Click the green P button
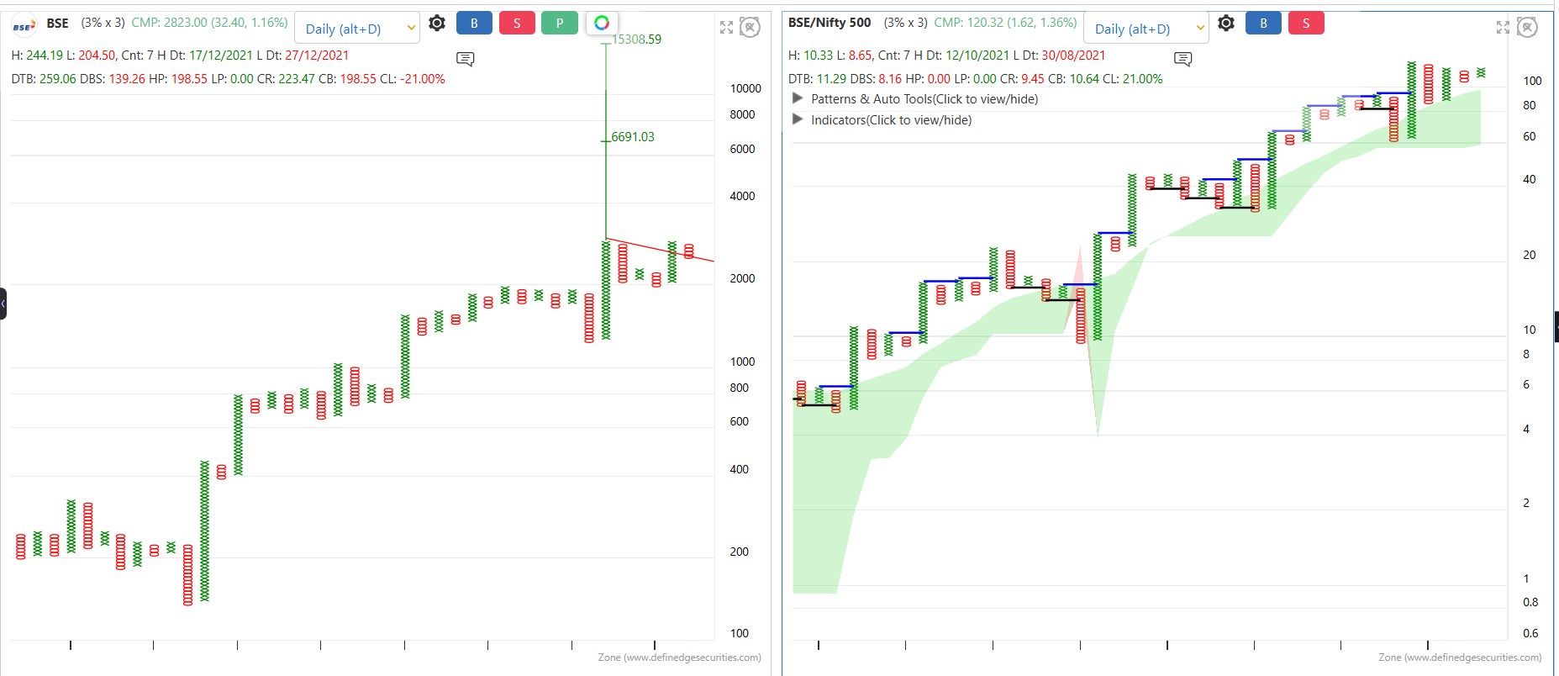[559, 24]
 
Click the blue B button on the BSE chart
[474, 24]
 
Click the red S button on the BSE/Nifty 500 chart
[1305, 24]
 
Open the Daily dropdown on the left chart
[356, 29]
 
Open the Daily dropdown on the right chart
[1146, 29]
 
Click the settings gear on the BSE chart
[437, 24]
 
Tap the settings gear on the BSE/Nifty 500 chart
[1226, 24]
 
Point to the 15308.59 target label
[636, 40]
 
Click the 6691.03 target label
[633, 137]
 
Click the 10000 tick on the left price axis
[745, 88]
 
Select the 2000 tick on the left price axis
[742, 278]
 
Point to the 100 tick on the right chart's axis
[1532, 81]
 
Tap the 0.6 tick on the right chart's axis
[1530, 633]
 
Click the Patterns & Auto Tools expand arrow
[798, 98]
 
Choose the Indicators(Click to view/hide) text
[891, 120]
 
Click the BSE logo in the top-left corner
[24, 24]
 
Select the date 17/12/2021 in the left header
[221, 55]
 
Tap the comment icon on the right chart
[1182, 59]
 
